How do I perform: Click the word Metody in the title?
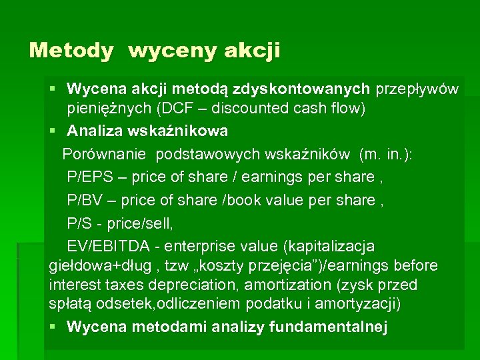71,51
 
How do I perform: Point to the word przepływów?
417,89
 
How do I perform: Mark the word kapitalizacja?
329,246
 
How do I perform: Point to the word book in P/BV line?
246,199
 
